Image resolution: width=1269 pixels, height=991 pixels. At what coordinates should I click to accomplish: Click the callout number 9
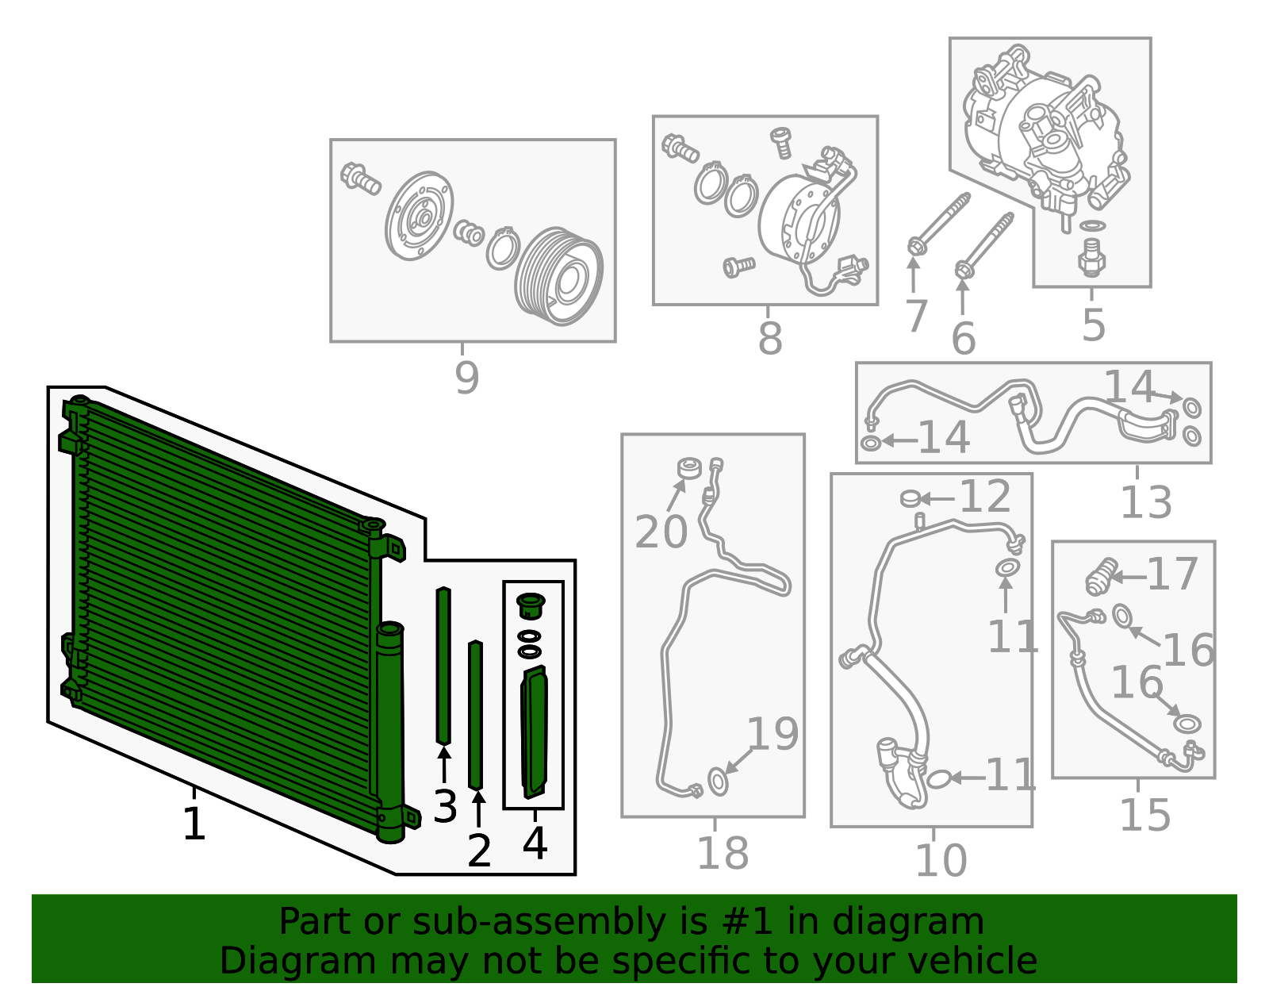coord(467,378)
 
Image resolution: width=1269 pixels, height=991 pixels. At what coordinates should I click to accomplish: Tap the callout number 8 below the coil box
coord(770,339)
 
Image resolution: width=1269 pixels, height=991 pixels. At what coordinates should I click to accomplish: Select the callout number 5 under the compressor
coord(1094,325)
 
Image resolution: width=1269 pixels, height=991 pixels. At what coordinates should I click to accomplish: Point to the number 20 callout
coord(661,532)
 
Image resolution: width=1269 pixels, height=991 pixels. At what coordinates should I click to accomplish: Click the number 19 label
coord(773,734)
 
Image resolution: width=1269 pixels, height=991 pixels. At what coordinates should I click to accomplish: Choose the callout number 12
coord(985,497)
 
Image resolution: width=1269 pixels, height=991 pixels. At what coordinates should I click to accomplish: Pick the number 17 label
coord(1171,574)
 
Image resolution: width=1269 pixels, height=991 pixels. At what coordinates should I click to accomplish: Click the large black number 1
coord(194,824)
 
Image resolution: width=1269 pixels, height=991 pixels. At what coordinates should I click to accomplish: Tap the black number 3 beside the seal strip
coord(445,807)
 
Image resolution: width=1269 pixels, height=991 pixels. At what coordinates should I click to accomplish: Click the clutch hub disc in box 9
coord(419,217)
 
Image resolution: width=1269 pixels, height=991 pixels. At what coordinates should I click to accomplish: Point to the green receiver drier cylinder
coord(390,730)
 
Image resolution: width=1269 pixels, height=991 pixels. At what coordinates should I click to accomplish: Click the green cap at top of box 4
coord(531,605)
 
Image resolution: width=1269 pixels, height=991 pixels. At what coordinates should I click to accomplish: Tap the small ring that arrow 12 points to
coord(911,498)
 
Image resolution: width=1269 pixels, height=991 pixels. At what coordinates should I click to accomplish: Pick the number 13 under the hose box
coord(1145,502)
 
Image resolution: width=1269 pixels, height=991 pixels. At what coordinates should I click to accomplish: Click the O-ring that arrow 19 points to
coord(718,782)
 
